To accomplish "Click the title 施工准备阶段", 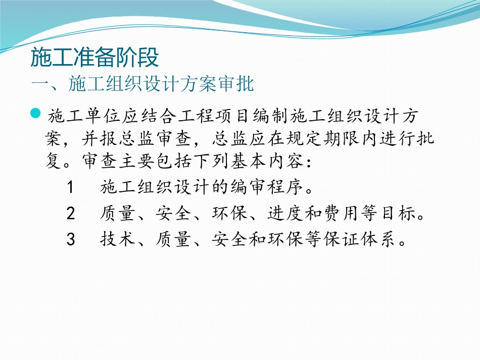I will click(95, 57).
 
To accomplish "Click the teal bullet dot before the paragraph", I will click(35, 114).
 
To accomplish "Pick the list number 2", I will click(71, 214).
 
